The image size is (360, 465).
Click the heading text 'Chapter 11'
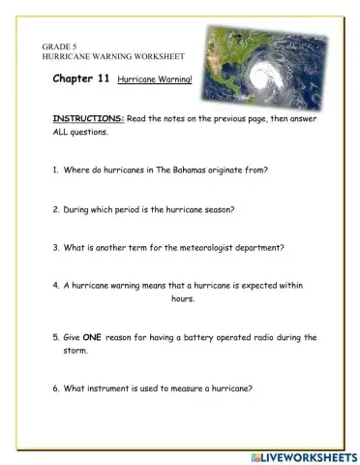click(81, 83)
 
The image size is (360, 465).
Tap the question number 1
click(55, 170)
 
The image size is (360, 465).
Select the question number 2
click(55, 208)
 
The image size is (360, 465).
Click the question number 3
click(55, 247)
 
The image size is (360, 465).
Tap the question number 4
click(55, 287)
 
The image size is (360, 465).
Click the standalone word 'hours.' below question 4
click(183, 300)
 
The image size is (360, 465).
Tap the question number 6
click(55, 389)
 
